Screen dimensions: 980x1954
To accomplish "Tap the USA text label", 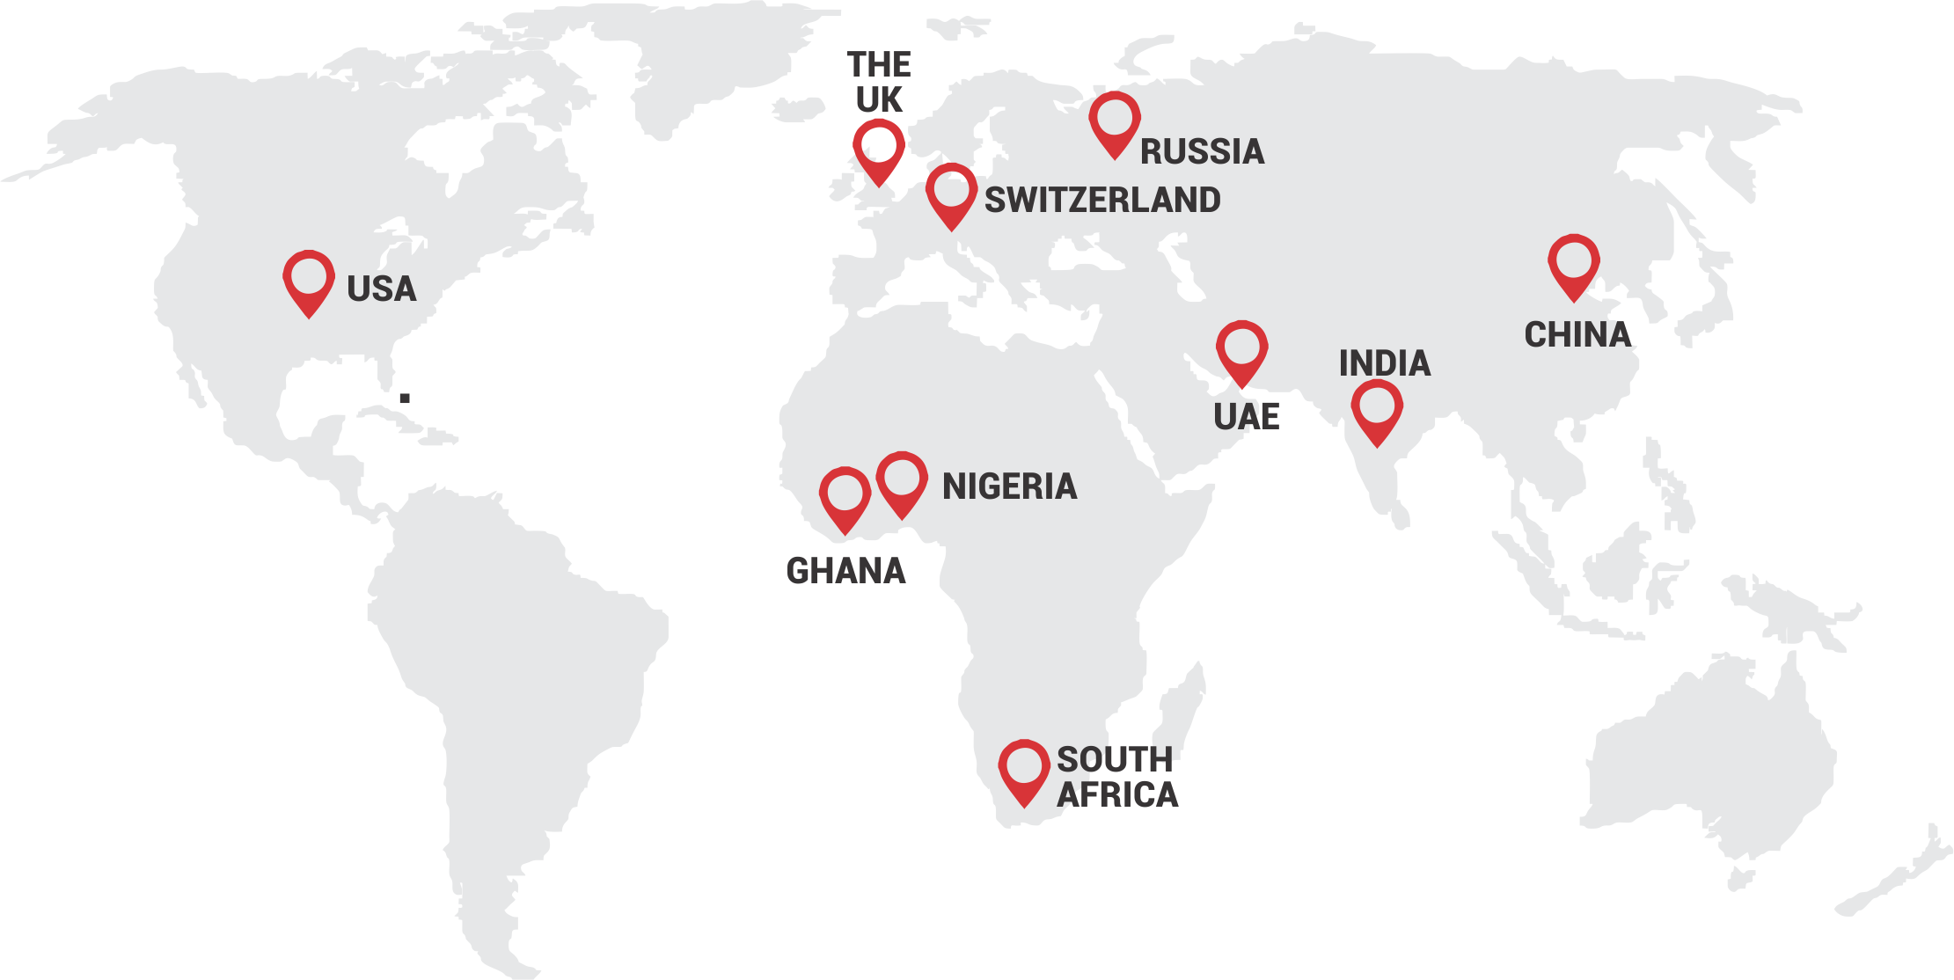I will point(381,289).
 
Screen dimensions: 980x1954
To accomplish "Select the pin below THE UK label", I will point(878,149).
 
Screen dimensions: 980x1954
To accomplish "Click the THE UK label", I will point(879,82).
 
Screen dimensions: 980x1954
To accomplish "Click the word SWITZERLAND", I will point(1102,201).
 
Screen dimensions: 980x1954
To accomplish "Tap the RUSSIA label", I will point(1202,152).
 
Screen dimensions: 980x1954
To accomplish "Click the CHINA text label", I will point(1577,335).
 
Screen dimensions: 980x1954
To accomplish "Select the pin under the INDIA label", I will point(1377,410).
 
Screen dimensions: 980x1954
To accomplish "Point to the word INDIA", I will point(1385,363).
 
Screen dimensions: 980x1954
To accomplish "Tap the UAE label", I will point(1247,417).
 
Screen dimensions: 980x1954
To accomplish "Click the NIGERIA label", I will point(1009,486).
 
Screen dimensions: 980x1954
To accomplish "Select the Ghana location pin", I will point(845,497).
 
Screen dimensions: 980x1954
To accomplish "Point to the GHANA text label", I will point(845,571).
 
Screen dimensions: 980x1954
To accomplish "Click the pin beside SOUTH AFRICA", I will point(1024,770).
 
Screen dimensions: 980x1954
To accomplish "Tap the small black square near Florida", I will point(405,399).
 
